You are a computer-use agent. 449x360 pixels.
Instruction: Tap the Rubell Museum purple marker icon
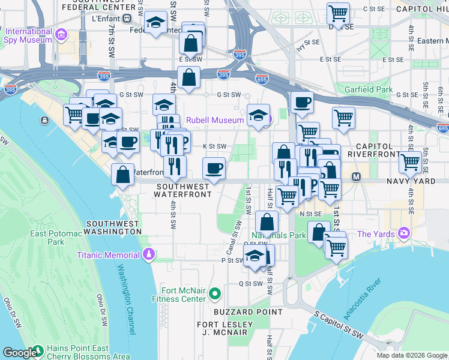[268, 120]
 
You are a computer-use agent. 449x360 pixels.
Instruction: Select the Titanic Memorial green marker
[148, 255]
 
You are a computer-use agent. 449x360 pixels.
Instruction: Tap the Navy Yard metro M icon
[356, 177]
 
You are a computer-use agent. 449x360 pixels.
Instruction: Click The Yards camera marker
[406, 233]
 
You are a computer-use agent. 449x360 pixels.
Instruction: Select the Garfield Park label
[369, 89]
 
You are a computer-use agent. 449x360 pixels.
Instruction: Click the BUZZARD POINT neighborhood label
[248, 312]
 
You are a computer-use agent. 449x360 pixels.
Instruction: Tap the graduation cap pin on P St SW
[255, 256]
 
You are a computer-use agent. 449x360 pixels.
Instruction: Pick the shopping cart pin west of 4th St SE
[411, 161]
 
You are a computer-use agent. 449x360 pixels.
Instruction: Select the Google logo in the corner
[20, 353]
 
